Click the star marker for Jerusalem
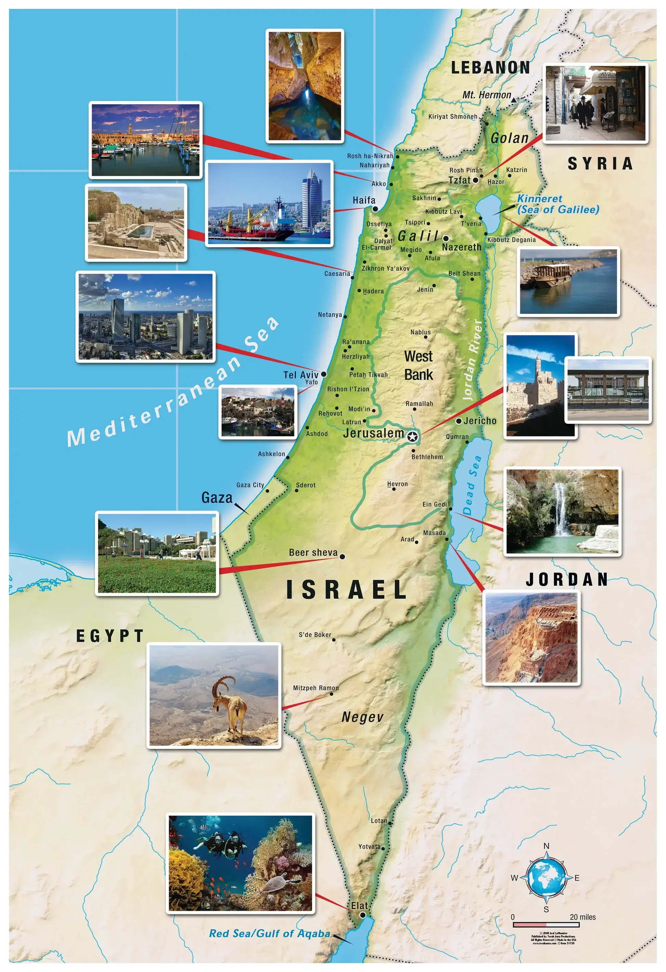click(412, 437)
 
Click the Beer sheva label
click(313, 552)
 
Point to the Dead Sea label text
click(472, 486)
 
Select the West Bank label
click(418, 366)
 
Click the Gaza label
click(217, 498)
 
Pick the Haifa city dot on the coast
click(375, 209)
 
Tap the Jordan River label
click(473, 360)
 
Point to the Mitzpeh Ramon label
click(316, 688)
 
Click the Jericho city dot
click(459, 421)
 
